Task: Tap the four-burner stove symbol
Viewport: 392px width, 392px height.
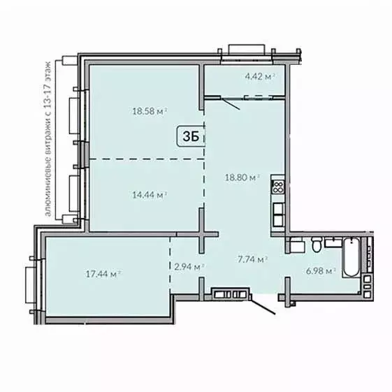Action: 277,187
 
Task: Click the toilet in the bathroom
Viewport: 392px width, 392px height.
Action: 316,245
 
